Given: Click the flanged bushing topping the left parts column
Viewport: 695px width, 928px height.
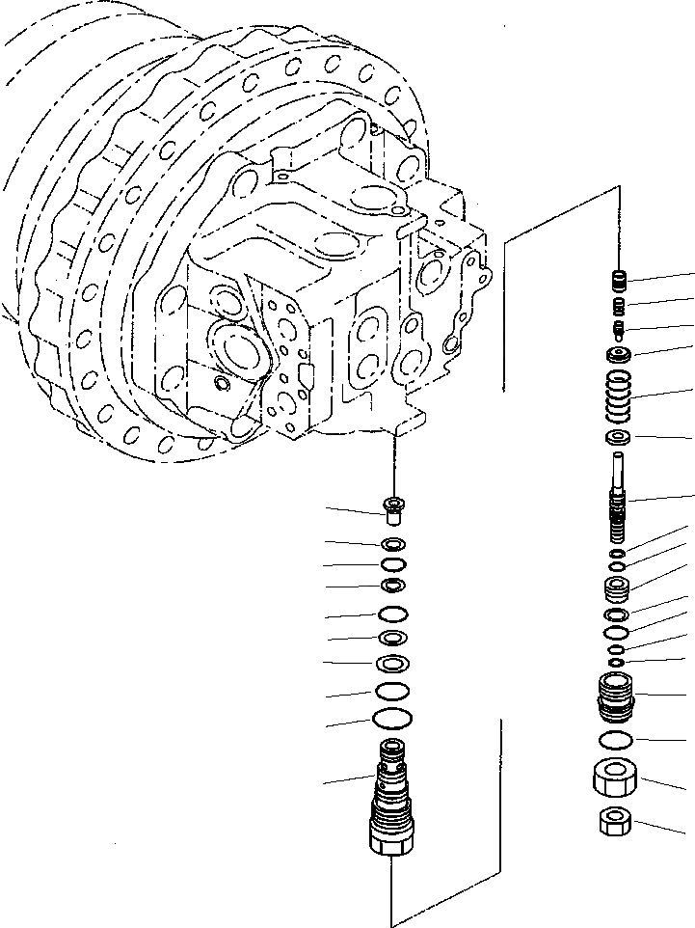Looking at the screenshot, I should click(392, 505).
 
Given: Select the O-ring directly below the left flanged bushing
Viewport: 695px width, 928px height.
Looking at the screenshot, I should click(392, 544).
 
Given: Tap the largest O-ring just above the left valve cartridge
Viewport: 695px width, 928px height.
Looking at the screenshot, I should click(392, 719).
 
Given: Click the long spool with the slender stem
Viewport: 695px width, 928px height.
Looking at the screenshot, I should click(619, 506).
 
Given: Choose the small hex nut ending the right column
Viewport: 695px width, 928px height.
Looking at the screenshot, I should click(615, 822).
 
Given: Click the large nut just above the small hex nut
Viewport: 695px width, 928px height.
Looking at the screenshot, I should click(615, 778).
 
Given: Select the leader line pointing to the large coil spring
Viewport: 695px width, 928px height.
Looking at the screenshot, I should click(665, 393).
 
